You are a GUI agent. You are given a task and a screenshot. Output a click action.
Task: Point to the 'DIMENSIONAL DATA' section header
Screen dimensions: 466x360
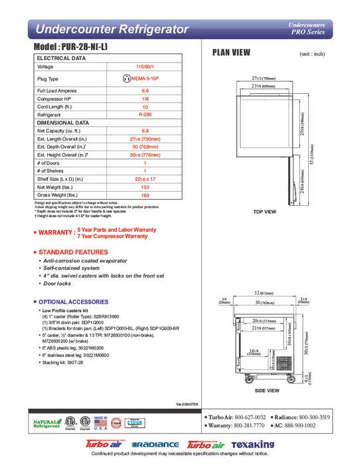[63, 123]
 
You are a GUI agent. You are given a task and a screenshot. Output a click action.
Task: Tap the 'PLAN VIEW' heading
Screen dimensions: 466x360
[231, 53]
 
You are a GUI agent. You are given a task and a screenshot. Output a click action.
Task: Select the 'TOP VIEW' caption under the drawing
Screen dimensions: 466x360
[264, 212]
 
